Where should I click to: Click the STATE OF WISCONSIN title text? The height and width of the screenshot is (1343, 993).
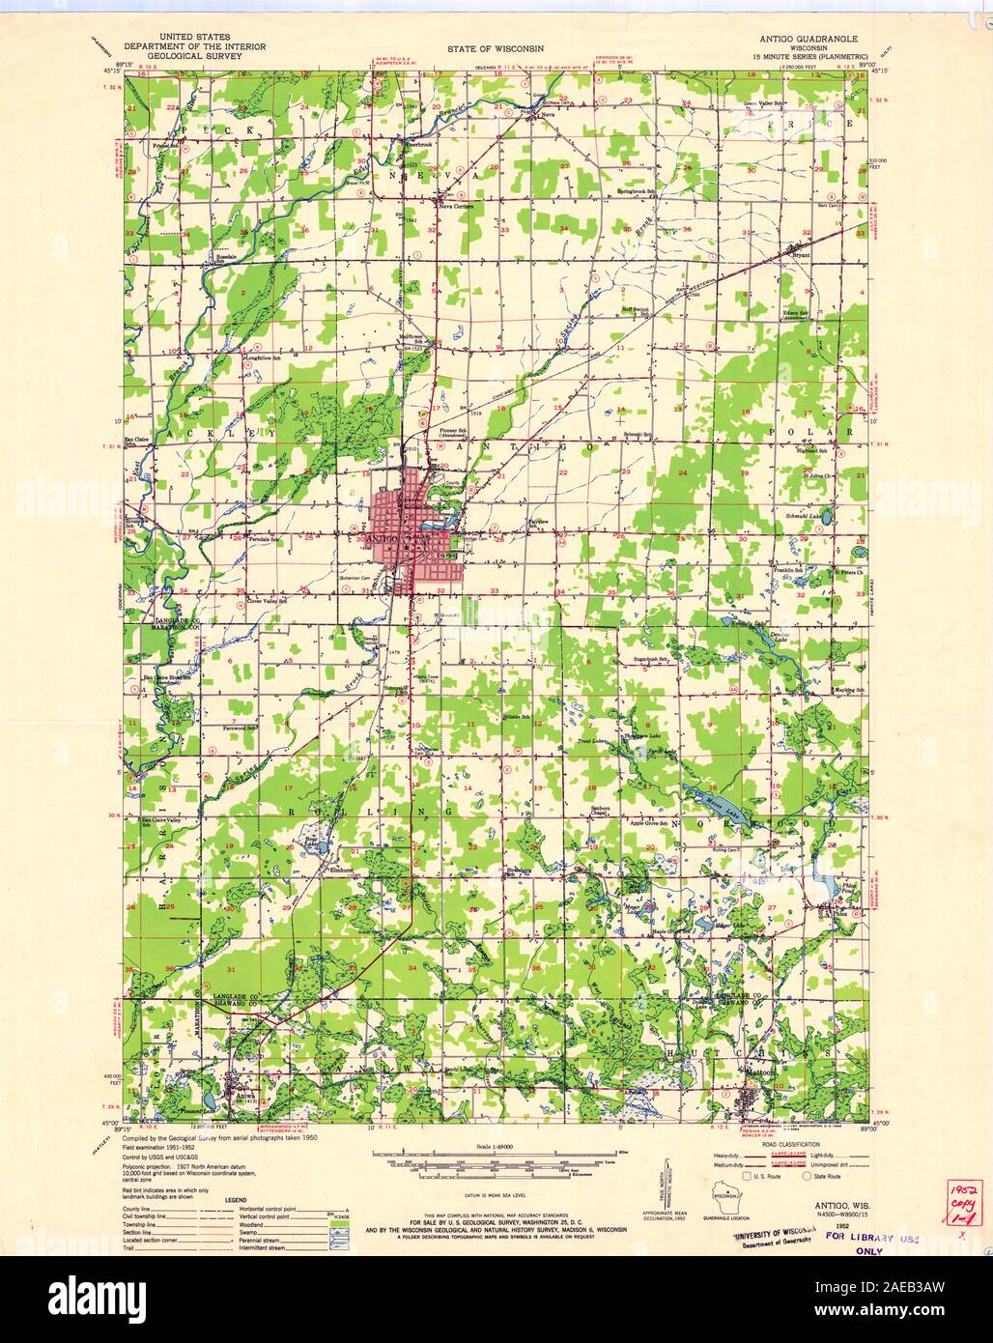click(x=496, y=46)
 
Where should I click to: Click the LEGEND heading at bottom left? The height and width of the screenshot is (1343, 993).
click(x=237, y=1200)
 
